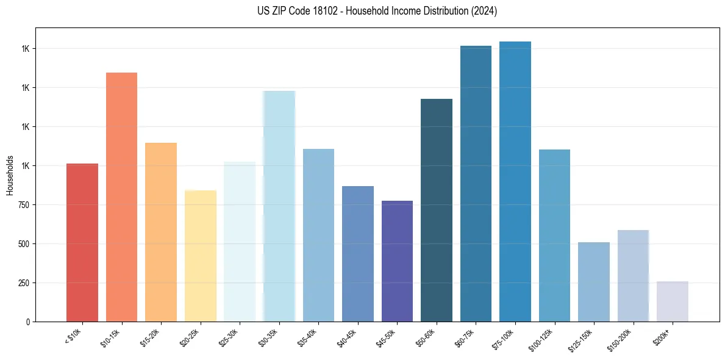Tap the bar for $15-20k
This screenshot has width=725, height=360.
[x=161, y=232]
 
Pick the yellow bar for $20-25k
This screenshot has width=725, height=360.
[x=200, y=256]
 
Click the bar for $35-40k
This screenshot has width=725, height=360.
[x=318, y=235]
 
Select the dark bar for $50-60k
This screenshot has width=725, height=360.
[x=437, y=210]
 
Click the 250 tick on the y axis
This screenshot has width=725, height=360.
[x=24, y=283]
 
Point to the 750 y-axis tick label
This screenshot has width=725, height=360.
[x=24, y=205]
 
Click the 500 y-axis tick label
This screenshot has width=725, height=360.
[x=24, y=244]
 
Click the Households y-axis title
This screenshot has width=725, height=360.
[x=10, y=175]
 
